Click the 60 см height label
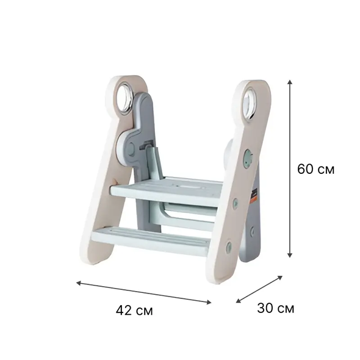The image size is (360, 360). click(315, 169)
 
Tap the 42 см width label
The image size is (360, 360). click(134, 311)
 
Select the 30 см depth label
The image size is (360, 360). click(276, 308)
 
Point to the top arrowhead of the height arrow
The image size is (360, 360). click(290, 82)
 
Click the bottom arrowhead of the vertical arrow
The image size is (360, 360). click(290, 255)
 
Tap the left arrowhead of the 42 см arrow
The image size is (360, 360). click(79, 283)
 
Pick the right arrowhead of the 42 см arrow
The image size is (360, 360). click(209, 303)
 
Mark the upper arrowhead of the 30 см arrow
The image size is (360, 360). click(280, 278)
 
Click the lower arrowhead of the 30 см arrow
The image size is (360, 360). click(239, 301)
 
